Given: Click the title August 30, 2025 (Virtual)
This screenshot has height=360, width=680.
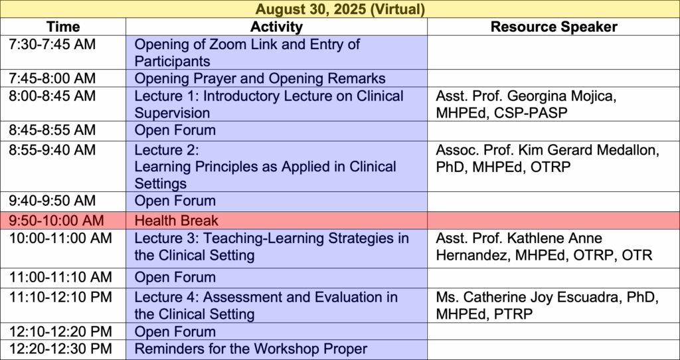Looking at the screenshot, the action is click(x=339, y=9).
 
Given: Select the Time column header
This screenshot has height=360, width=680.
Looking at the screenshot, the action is click(x=63, y=27).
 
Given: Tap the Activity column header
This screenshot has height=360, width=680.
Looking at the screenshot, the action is click(x=276, y=27).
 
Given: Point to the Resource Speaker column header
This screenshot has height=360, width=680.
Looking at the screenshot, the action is click(x=554, y=27).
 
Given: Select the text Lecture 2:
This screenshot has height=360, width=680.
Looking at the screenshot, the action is click(x=166, y=150).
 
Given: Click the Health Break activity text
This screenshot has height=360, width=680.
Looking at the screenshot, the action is click(x=176, y=221).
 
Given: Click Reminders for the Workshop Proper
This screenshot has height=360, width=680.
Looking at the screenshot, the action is click(x=250, y=349).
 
